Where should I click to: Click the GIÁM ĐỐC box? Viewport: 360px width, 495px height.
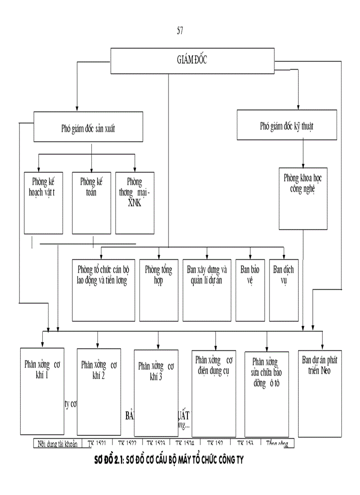pos(192,61)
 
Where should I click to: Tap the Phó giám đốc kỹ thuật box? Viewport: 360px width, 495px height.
pos(287,126)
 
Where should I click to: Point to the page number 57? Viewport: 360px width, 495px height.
pos(180,30)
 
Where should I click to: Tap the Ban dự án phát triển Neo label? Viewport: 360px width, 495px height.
pos(320,365)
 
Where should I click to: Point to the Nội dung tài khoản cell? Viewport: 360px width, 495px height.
pos(58,444)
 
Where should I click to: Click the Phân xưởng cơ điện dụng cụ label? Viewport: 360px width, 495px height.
pos(214,365)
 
